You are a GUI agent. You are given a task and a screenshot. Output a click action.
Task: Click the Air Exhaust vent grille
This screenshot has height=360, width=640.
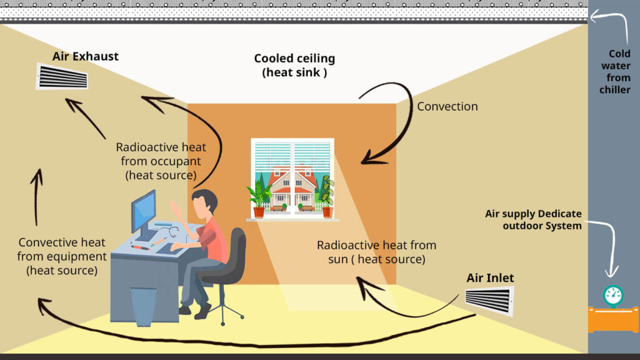pyautogui.click(x=62, y=77)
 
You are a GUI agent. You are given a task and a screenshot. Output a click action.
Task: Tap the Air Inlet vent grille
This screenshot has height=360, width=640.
pyautogui.click(x=488, y=301)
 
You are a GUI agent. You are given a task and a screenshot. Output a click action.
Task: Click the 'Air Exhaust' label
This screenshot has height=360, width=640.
pyautogui.click(x=86, y=56)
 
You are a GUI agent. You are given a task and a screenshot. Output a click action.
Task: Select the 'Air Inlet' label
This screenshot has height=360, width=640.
pyautogui.click(x=490, y=277)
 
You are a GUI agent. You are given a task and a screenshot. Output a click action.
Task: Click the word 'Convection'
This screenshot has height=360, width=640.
pyautogui.click(x=447, y=106)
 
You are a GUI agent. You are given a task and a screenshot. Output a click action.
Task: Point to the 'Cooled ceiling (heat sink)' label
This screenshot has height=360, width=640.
pyautogui.click(x=294, y=66)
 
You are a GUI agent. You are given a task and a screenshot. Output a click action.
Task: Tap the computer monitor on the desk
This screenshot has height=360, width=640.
pyautogui.click(x=143, y=212)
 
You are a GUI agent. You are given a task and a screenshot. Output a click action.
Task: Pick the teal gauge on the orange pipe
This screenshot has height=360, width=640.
pyautogui.click(x=613, y=294)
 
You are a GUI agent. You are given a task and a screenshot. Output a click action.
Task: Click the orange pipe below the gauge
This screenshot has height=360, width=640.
pyautogui.click(x=613, y=321)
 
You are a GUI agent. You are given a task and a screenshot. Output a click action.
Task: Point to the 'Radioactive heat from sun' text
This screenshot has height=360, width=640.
pyautogui.click(x=376, y=252)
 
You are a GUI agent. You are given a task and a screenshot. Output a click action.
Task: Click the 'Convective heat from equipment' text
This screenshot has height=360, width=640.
pyautogui.click(x=61, y=256)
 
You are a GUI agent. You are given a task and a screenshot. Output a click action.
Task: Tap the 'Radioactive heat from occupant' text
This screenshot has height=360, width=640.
pyautogui.click(x=161, y=161)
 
